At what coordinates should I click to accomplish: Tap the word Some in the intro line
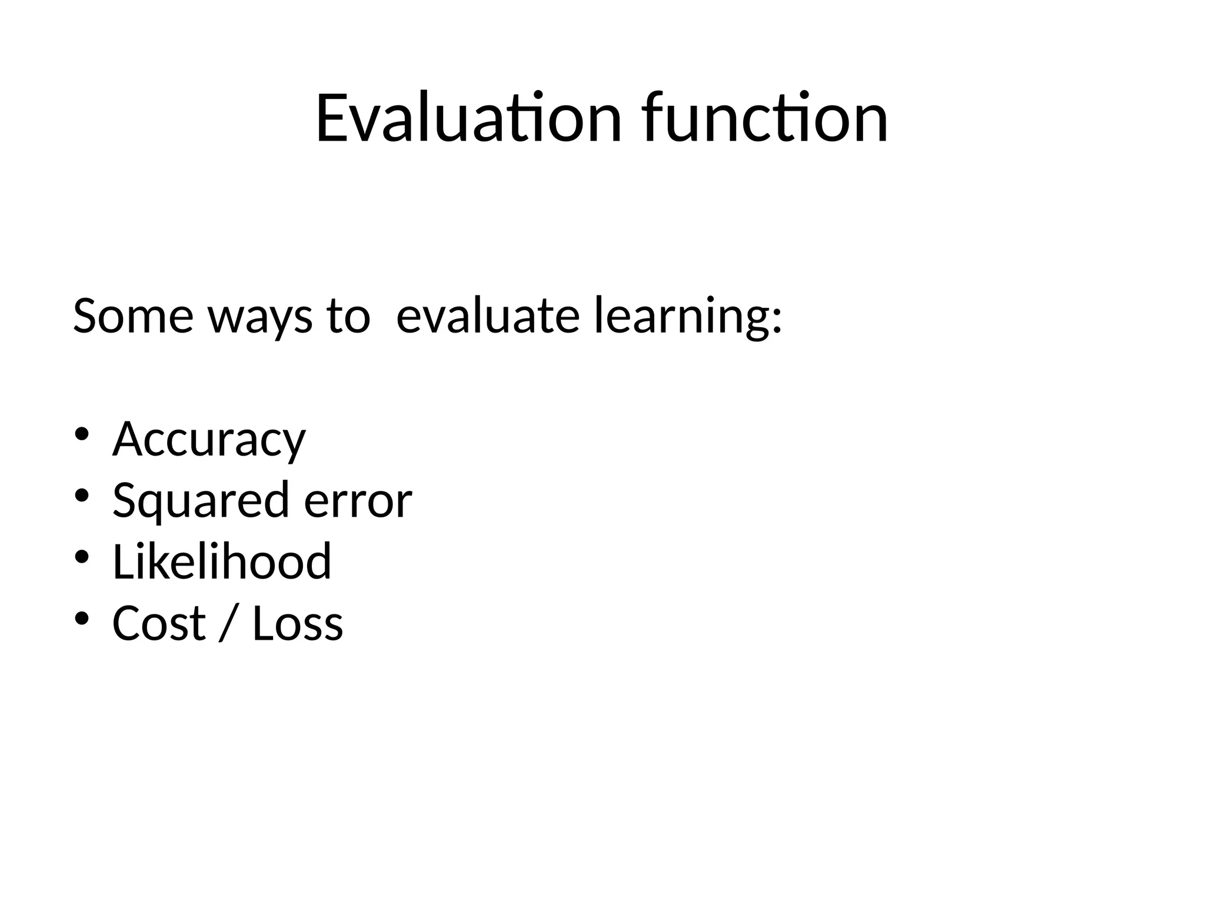pos(133,316)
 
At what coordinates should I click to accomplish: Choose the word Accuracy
pos(209,439)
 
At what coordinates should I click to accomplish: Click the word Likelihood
pos(222,561)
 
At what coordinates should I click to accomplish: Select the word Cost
pos(159,623)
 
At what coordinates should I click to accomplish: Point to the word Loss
pos(298,623)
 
